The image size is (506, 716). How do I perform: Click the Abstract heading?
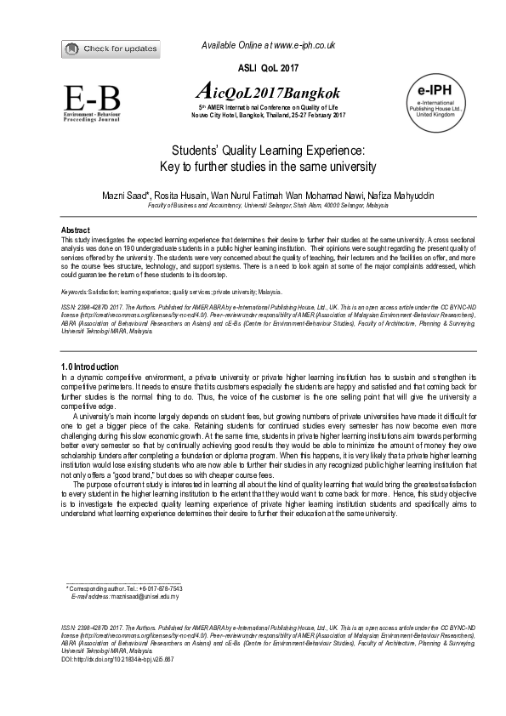point(77,230)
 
